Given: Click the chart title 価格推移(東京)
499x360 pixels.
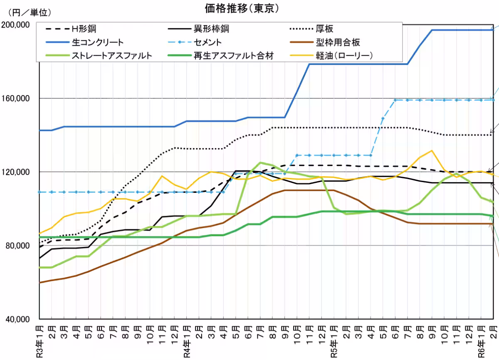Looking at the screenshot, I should point(242,8).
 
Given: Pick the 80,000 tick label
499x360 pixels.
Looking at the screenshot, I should point(18,246).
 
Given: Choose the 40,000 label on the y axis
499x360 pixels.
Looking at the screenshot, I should point(18,319).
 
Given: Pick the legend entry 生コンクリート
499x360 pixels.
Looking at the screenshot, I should point(98,42).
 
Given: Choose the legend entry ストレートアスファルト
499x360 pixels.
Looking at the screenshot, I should point(112,55).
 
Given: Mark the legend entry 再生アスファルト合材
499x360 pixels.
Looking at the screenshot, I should point(234,55).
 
